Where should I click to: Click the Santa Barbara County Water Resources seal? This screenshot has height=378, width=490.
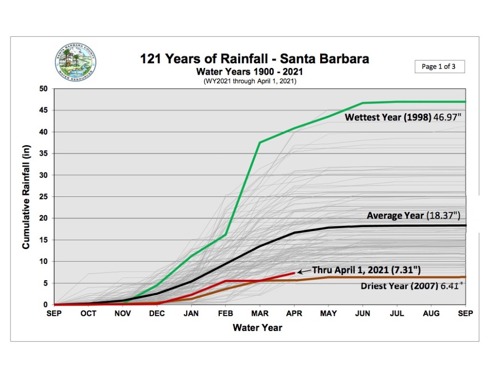[x=75, y=63]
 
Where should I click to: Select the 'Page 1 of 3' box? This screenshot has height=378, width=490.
[x=439, y=67]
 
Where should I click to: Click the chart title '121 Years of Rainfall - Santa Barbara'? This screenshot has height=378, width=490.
[x=254, y=59]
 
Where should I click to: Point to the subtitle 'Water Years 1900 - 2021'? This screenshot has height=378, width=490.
[x=250, y=72]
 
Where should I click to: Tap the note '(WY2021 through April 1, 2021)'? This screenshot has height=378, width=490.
[x=250, y=81]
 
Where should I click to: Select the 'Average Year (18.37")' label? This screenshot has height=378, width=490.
[x=416, y=216]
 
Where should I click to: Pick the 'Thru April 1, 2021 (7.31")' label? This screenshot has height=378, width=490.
[x=366, y=270]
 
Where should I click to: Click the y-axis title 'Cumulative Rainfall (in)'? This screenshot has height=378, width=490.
[x=26, y=196]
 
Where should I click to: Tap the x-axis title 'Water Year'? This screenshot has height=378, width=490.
[x=257, y=328]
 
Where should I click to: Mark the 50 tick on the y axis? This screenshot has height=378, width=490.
[x=43, y=89]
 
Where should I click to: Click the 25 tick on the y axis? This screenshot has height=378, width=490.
[x=43, y=197]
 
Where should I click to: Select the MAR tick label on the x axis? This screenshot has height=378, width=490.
[x=260, y=313]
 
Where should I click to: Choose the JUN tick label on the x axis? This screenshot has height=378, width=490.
[x=363, y=313]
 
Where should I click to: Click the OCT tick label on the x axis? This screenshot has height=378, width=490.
[x=89, y=313]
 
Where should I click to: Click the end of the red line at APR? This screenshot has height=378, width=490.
[x=295, y=273]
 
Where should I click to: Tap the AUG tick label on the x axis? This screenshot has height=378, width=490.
[x=431, y=313]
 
